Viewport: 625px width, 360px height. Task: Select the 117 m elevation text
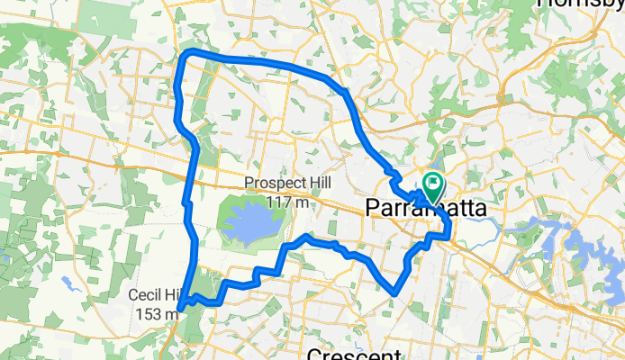pyautogui.click(x=288, y=202)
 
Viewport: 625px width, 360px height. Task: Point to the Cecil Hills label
pyautogui.click(x=154, y=295)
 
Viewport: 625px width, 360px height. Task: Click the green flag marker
pyautogui.click(x=433, y=187)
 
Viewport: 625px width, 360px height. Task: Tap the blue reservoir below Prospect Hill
pyautogui.click(x=251, y=224)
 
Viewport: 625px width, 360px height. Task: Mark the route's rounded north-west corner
pyautogui.click(x=186, y=58)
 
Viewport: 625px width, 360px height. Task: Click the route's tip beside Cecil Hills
pyautogui.click(x=181, y=309)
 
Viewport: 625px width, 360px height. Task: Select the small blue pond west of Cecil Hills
pyautogui.click(x=68, y=283)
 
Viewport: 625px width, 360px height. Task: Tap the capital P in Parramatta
pyautogui.click(x=374, y=208)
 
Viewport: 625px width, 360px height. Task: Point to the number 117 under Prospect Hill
pyautogui.click(x=278, y=202)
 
